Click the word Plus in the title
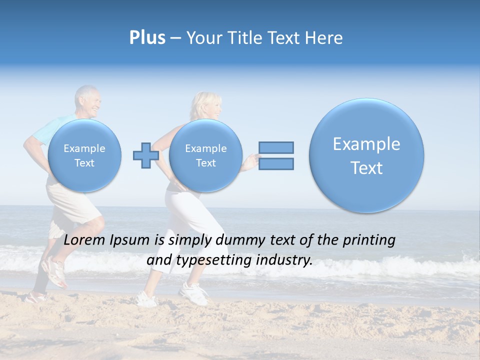pyautogui.click(x=147, y=38)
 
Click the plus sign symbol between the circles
pyautogui.click(x=146, y=155)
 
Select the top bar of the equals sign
pyautogui.click(x=276, y=147)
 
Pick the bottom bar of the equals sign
pyautogui.click(x=276, y=163)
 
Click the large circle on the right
pyautogui.click(x=366, y=155)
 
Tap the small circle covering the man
pyautogui.click(x=84, y=155)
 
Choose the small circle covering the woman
pyautogui.click(x=205, y=155)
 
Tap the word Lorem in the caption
pyautogui.click(x=83, y=240)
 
